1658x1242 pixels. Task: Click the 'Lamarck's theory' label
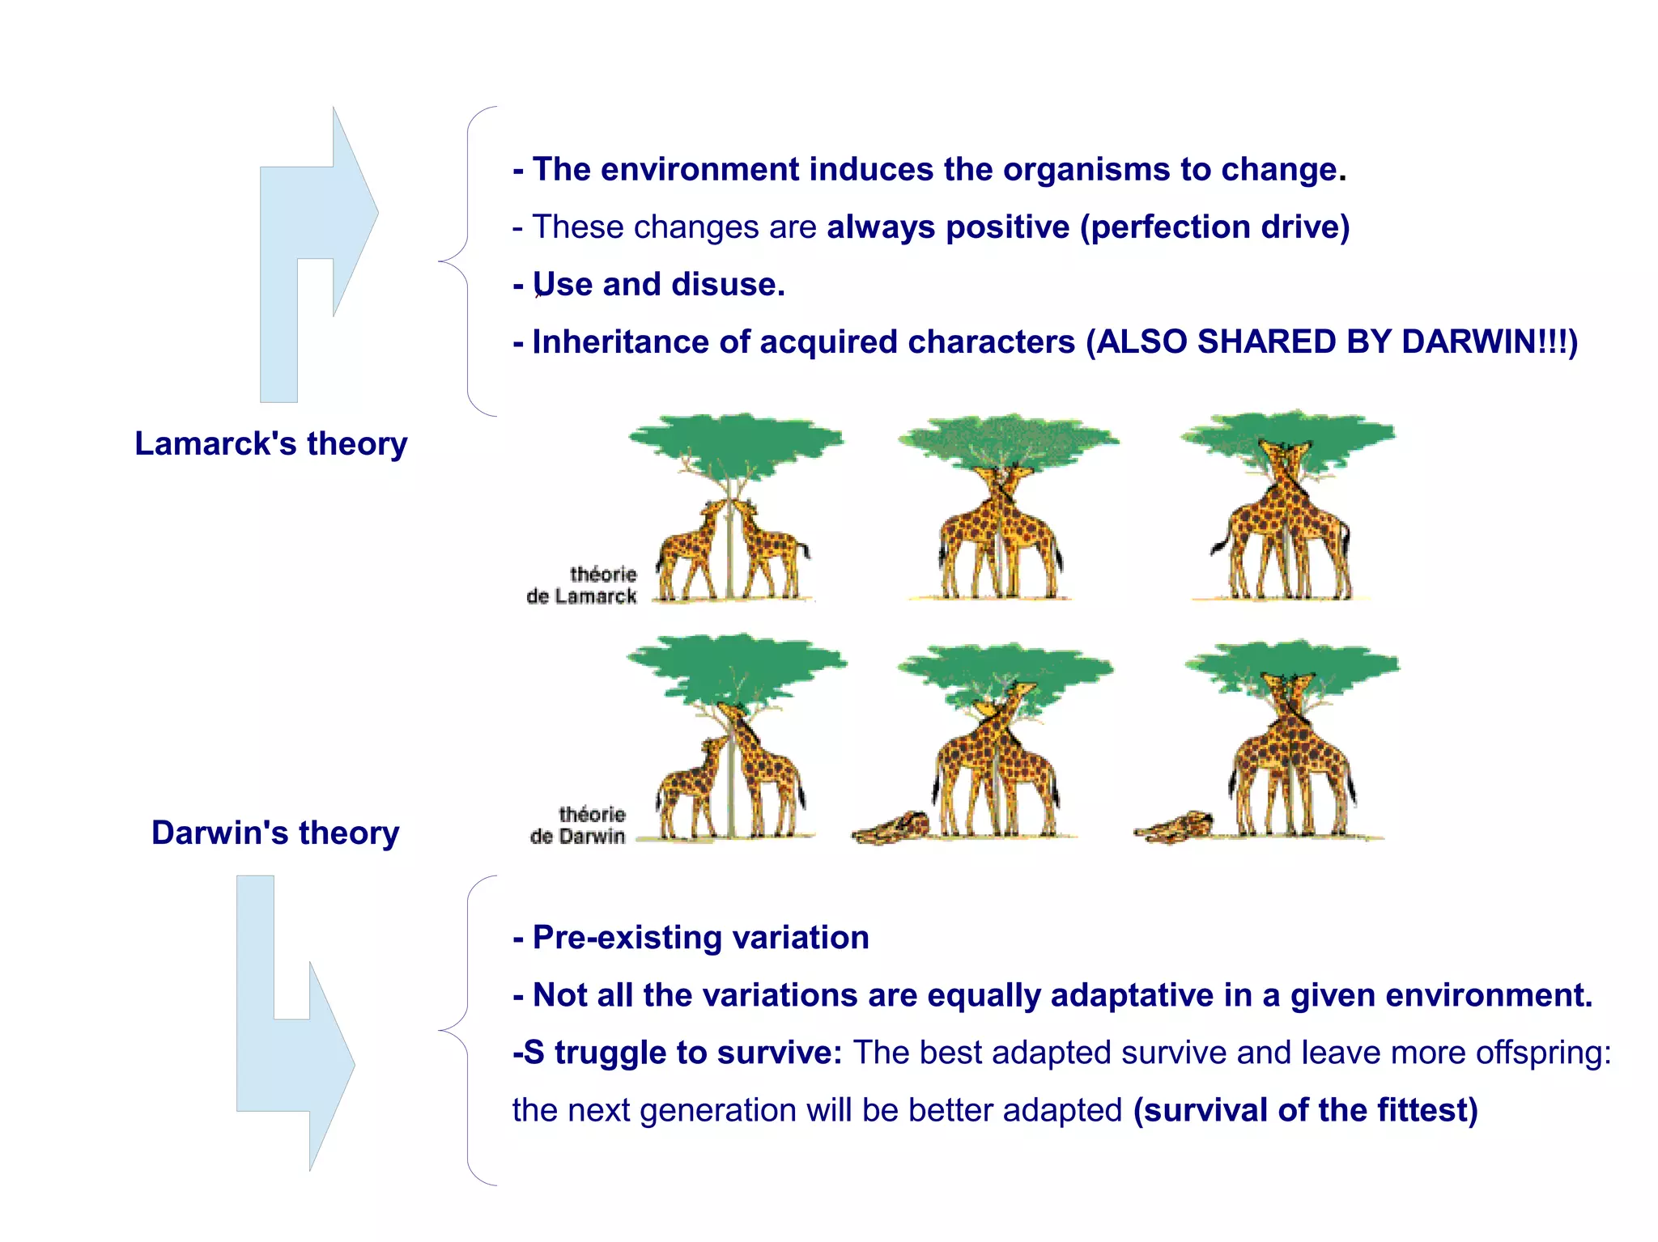point(270,443)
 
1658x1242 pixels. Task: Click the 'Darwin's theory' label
point(275,833)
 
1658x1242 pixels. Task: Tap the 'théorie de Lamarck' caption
point(582,585)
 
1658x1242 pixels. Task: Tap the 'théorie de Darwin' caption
point(579,824)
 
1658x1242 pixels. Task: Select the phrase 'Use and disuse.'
point(658,284)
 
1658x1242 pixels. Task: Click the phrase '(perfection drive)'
point(1214,227)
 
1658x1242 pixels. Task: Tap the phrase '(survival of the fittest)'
point(1305,1109)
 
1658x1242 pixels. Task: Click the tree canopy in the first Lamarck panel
point(735,441)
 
